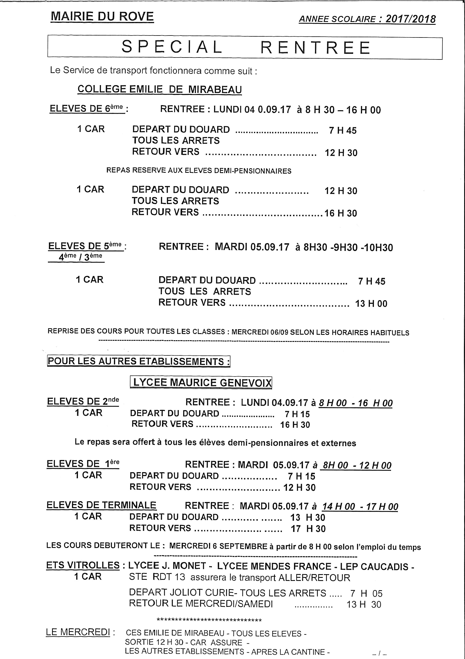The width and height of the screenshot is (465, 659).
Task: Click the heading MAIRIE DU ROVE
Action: click(x=102, y=17)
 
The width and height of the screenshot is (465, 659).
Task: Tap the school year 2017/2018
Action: click(x=410, y=19)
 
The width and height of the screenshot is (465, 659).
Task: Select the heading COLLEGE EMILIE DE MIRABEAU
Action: click(x=160, y=89)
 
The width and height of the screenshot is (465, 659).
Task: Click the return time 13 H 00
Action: click(x=371, y=304)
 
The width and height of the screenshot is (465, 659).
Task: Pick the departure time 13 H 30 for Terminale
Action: click(x=307, y=518)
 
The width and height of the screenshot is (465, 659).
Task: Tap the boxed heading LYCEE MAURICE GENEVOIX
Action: click(x=201, y=382)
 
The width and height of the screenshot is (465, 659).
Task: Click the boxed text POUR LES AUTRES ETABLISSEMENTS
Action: click(x=138, y=361)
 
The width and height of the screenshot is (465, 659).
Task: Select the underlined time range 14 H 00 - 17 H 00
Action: click(x=360, y=507)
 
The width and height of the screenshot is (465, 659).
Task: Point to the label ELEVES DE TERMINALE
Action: click(x=101, y=505)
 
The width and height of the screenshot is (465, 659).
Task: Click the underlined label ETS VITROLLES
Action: click(x=83, y=565)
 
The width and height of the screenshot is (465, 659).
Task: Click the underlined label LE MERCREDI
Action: click(x=78, y=632)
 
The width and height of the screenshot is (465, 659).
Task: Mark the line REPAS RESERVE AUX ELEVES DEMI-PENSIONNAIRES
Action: click(x=199, y=171)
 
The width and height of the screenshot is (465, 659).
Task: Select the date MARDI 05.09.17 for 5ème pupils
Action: click(x=252, y=247)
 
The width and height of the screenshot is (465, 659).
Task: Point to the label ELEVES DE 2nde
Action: click(x=83, y=401)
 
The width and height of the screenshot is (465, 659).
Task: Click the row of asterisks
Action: click(x=209, y=621)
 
